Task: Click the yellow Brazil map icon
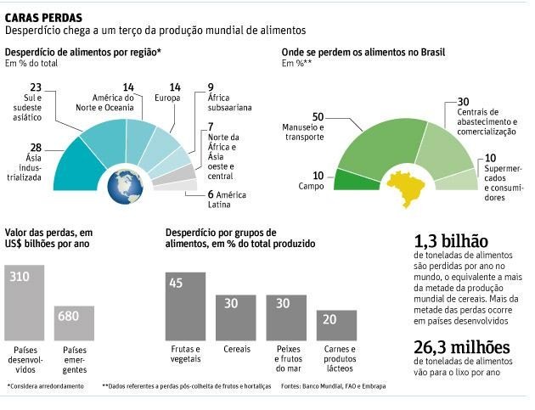point(405,188)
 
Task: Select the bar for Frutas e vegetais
point(183,306)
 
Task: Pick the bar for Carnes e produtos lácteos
point(337,324)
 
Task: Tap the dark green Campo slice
point(352,181)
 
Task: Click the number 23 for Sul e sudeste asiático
point(35,87)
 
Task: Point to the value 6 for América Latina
point(211,194)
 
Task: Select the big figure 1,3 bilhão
point(451,241)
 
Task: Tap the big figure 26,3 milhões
point(462,347)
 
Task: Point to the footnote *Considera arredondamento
point(47,387)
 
